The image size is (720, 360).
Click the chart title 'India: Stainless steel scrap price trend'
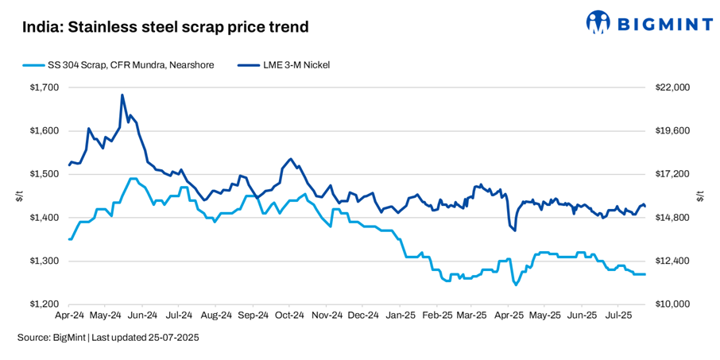(165, 27)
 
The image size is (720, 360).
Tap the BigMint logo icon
(598, 22)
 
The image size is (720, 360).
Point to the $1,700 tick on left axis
(44, 87)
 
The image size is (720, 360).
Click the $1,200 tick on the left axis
(44, 304)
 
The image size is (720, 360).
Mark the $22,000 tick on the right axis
(672, 87)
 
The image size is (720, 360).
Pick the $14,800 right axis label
(672, 218)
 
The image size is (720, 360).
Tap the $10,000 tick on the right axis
(672, 304)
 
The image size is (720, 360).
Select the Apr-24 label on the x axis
(70, 315)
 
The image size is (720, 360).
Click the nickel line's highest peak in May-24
(122, 95)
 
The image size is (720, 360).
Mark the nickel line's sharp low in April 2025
(515, 230)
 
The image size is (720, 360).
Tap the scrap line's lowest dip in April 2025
(516, 285)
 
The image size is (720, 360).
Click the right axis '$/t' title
(699, 195)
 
